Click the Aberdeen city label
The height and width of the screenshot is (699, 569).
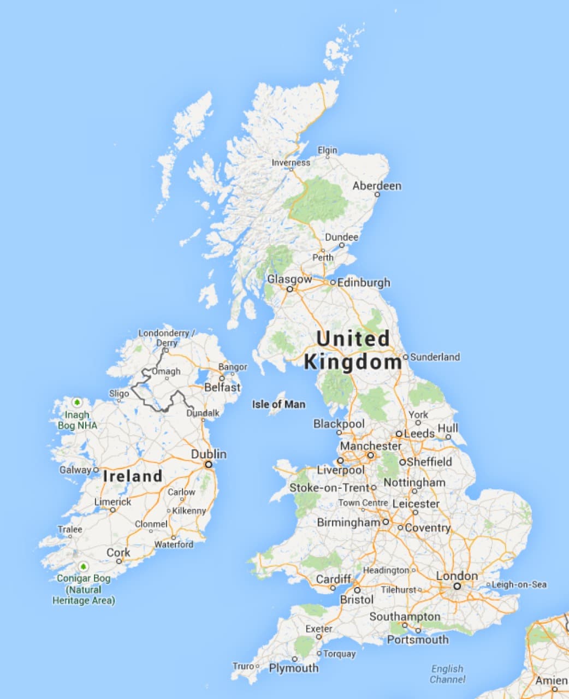(x=377, y=186)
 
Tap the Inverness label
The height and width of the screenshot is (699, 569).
(x=291, y=162)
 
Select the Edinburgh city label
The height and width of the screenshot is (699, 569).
(x=364, y=282)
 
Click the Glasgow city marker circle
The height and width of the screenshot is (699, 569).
(x=290, y=289)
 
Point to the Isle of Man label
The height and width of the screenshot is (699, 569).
(x=278, y=404)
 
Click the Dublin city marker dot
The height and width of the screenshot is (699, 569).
(x=208, y=464)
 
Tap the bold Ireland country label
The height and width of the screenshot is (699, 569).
(x=133, y=476)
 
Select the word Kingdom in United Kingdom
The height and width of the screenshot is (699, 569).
(x=353, y=362)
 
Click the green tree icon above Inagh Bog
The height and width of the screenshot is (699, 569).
(x=77, y=403)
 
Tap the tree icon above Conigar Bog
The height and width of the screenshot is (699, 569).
(x=83, y=567)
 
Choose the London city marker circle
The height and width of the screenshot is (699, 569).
(x=457, y=586)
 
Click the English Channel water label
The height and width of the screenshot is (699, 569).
(x=447, y=674)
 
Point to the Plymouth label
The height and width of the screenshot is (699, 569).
(x=293, y=668)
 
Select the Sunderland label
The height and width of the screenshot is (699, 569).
(x=435, y=357)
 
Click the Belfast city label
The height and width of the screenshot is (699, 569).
(x=222, y=387)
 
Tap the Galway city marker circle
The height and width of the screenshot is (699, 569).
(x=96, y=470)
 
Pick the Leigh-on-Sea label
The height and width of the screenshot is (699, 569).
(x=519, y=584)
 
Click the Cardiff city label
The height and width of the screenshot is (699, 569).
(x=334, y=579)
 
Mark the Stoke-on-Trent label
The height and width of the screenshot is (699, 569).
(x=329, y=488)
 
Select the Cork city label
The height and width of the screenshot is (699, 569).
(x=118, y=553)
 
